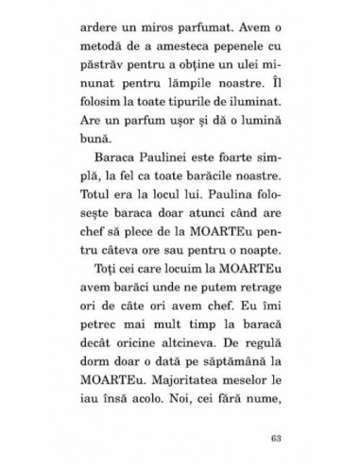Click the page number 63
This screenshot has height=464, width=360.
[x=275, y=411]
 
